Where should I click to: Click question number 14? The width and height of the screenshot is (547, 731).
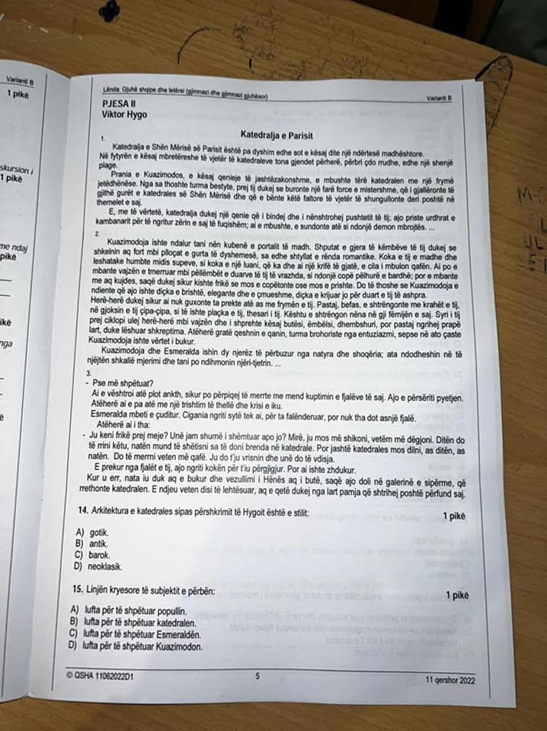[82, 509]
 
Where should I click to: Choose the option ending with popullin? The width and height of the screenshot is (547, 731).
[130, 610]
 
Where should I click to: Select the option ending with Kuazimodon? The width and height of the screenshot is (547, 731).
[137, 646]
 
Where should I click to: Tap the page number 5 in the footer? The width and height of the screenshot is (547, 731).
[258, 675]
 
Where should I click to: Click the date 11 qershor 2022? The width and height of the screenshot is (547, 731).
[450, 680]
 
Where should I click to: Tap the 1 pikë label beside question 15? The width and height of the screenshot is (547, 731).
[457, 595]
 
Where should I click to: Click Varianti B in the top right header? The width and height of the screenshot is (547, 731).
[440, 97]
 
